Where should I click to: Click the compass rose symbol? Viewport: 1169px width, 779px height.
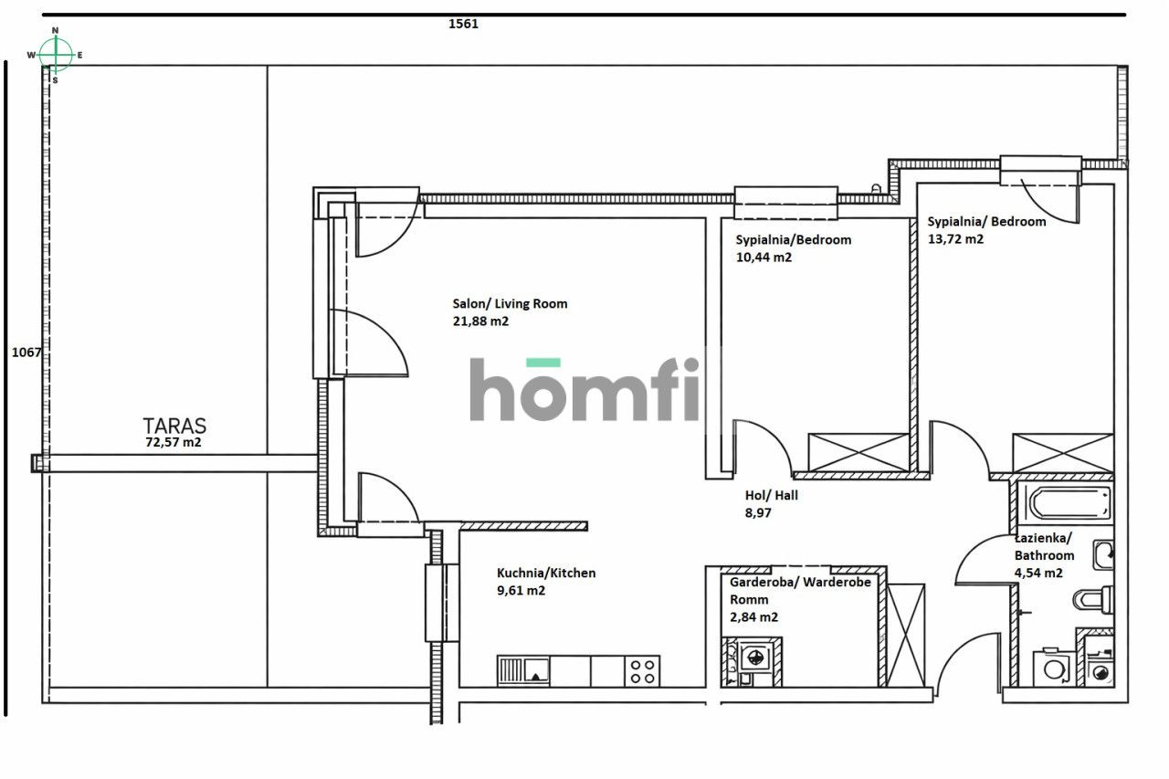pos(56,55)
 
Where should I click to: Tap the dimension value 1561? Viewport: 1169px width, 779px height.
pos(463,25)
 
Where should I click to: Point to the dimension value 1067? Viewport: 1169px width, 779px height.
pos(26,353)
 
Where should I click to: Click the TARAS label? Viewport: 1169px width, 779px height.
pos(174,426)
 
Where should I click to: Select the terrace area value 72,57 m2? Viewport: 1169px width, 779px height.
pos(174,442)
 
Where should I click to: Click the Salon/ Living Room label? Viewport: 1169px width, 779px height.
pos(510,303)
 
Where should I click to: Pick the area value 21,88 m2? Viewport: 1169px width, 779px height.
pos(480,321)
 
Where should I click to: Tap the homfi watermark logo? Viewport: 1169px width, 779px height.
pos(584,390)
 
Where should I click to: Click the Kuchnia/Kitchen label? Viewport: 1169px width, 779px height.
pos(546,573)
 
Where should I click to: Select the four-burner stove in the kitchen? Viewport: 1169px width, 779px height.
pos(642,671)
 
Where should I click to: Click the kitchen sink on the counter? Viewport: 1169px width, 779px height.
pos(524,671)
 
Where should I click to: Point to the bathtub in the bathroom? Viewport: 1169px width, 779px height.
pos(1068,501)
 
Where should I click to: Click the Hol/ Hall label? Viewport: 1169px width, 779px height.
pos(772,495)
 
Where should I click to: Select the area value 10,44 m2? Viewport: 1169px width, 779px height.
pos(764,258)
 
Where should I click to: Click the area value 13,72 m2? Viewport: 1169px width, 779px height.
pos(955,239)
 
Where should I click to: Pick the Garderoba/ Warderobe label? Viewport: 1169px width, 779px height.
pos(800,583)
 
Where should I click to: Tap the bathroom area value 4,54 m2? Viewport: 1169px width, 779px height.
pos(1038,574)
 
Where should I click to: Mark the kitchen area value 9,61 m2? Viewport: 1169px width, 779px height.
pos(521,591)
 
